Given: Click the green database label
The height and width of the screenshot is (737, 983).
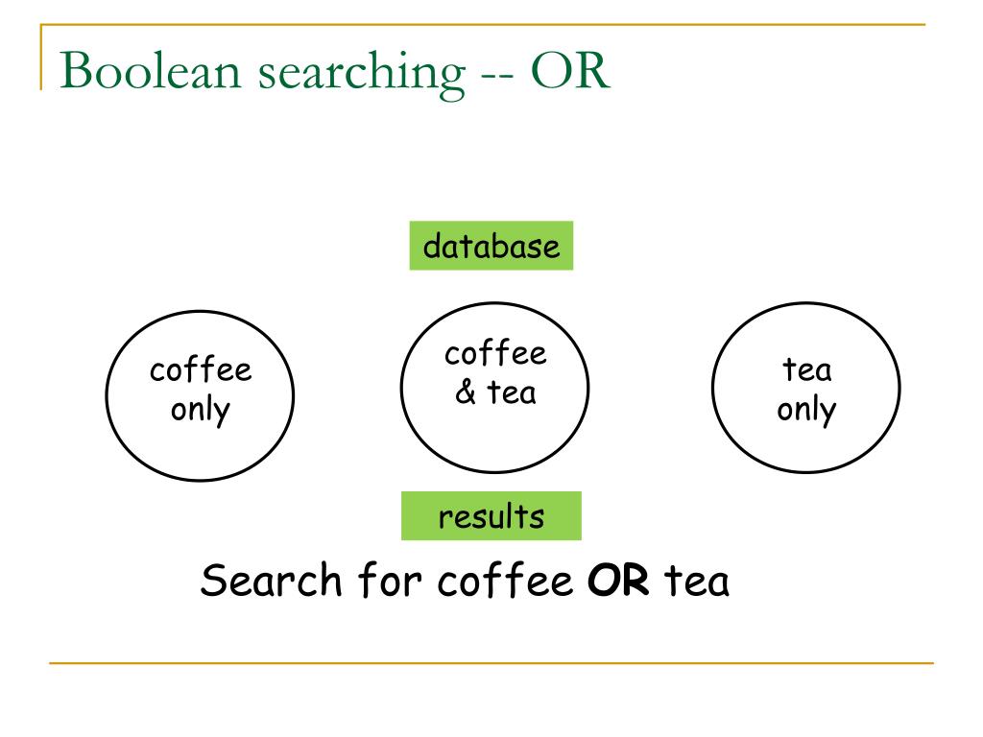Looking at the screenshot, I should pyautogui.click(x=491, y=246).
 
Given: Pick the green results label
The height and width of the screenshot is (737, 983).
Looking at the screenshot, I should pyautogui.click(x=491, y=516).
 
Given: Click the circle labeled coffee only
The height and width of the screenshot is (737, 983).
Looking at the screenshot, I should pyautogui.click(x=200, y=391).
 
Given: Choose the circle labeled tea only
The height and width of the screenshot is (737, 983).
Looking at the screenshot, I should pyautogui.click(x=806, y=391).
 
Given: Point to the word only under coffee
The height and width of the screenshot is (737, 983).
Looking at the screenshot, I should pyautogui.click(x=201, y=410).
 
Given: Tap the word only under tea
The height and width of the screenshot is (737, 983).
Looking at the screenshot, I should pyautogui.click(x=806, y=410).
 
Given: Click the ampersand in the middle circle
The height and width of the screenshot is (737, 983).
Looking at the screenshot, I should pyautogui.click(x=466, y=392).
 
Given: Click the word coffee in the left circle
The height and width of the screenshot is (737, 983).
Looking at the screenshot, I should pyautogui.click(x=201, y=370).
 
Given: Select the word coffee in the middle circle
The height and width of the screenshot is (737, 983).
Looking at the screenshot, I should pyautogui.click(x=495, y=354).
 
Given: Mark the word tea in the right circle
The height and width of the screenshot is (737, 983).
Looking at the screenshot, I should pyautogui.click(x=807, y=370).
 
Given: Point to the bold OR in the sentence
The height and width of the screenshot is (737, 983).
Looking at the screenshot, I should pyautogui.click(x=620, y=582).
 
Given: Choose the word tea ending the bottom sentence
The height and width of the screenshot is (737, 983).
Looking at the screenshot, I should pyautogui.click(x=697, y=582).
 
